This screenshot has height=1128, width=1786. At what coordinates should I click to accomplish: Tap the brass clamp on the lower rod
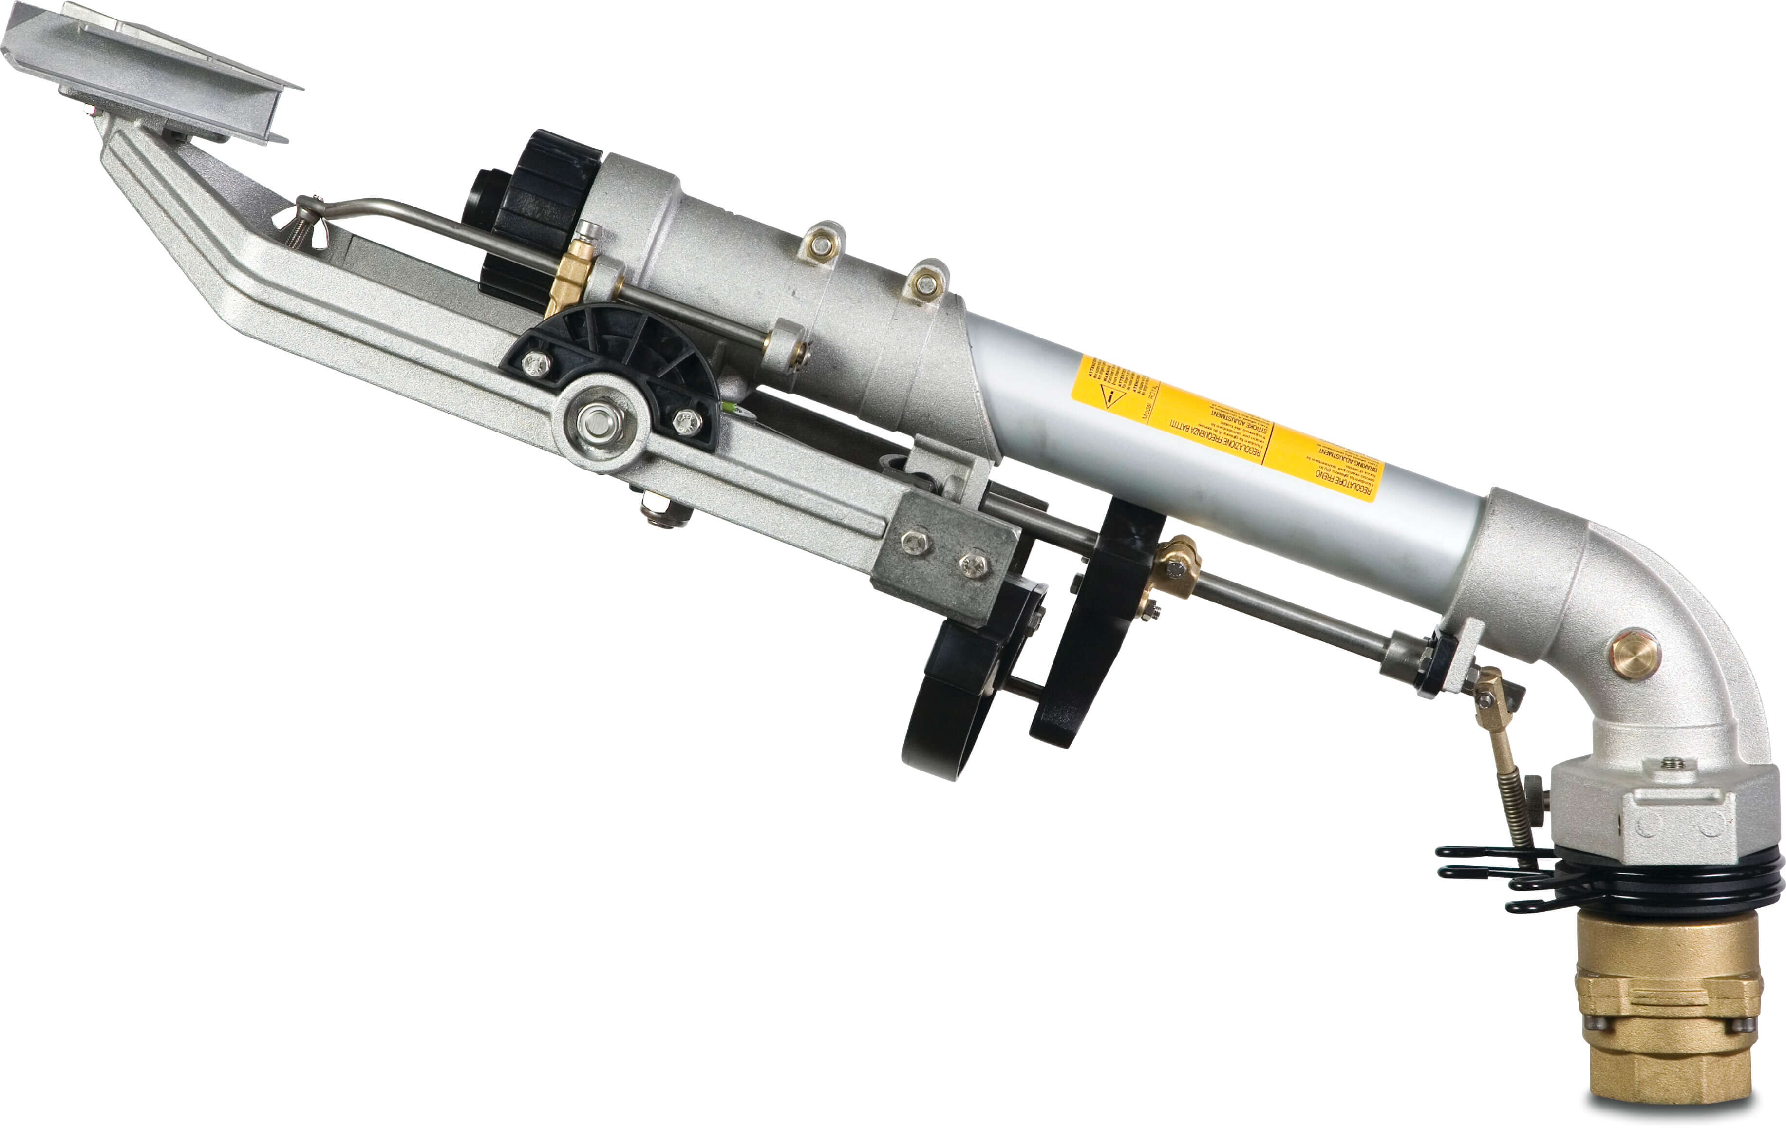tap(1176, 567)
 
